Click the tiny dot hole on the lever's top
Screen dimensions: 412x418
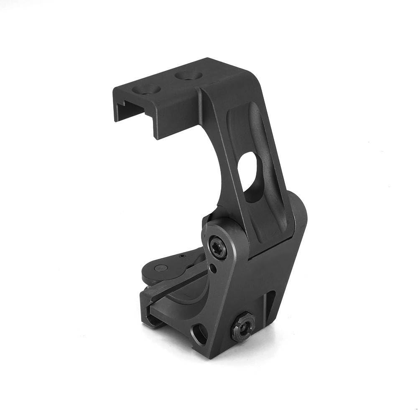(182, 256)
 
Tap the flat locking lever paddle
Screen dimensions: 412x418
(176, 268)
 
